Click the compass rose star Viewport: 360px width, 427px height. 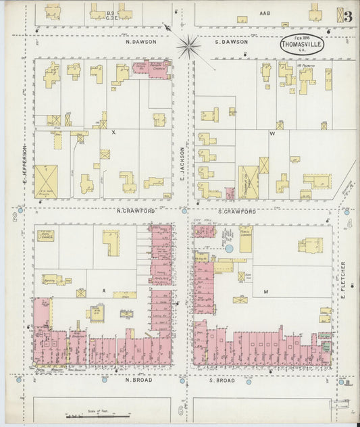pyautogui.click(x=189, y=46)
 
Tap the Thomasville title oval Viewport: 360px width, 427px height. pyautogui.click(x=302, y=43)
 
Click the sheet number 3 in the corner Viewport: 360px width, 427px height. pyautogui.click(x=347, y=17)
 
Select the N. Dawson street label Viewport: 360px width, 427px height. pyautogui.click(x=142, y=42)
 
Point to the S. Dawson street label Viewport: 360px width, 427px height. pyautogui.click(x=232, y=42)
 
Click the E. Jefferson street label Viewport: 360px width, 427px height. pyautogui.click(x=24, y=166)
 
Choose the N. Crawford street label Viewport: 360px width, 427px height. pyautogui.click(x=136, y=211)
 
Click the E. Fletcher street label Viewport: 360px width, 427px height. pyautogui.click(x=343, y=280)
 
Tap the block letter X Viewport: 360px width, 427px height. pyautogui.click(x=113, y=132)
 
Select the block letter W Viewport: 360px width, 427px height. pyautogui.click(x=272, y=134)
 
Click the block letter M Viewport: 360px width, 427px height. pyautogui.click(x=266, y=292)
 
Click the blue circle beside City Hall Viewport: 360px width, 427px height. pyautogui.click(x=229, y=249)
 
